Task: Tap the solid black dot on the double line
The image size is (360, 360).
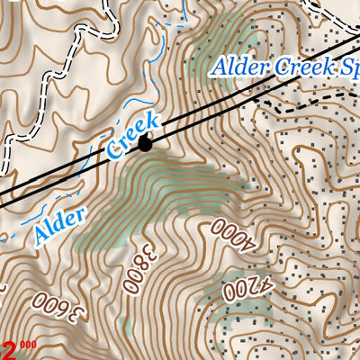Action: coord(146,141)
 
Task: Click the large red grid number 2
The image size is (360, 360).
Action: coord(9,348)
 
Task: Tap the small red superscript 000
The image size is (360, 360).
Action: coord(28,343)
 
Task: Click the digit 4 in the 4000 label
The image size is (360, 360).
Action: coord(247,241)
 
